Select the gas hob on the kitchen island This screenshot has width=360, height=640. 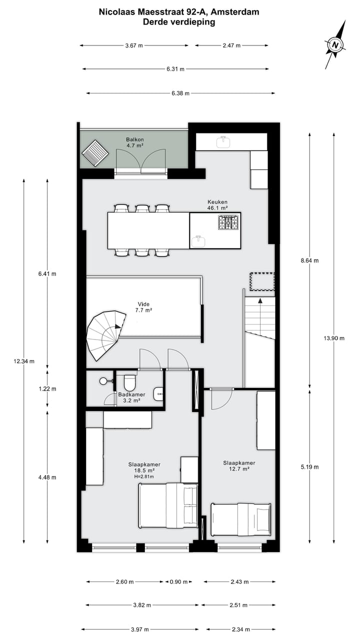coord(228,222)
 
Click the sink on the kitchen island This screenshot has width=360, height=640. coord(199,241)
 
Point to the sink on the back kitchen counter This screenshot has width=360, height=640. coord(223,142)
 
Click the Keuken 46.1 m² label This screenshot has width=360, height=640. coord(217,204)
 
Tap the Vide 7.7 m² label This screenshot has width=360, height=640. coord(143,307)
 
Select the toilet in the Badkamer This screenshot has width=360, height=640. coord(130,383)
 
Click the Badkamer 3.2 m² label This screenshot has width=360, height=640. coord(131,397)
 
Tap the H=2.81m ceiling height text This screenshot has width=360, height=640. coord(143,477)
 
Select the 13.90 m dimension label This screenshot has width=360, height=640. coord(334,338)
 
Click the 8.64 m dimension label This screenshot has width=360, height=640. coord(309,260)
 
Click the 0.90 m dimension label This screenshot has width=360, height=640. coord(178,582)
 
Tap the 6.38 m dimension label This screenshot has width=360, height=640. coord(180,93)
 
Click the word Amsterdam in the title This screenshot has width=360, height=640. coord(239,12)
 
